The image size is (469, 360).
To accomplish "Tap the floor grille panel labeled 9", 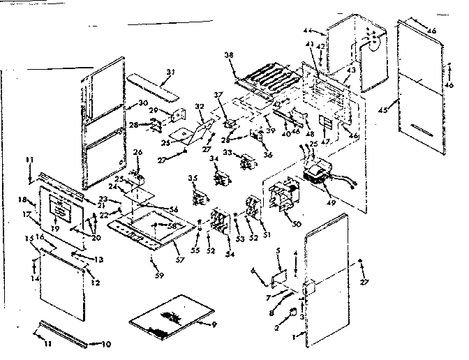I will tap(165, 315).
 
